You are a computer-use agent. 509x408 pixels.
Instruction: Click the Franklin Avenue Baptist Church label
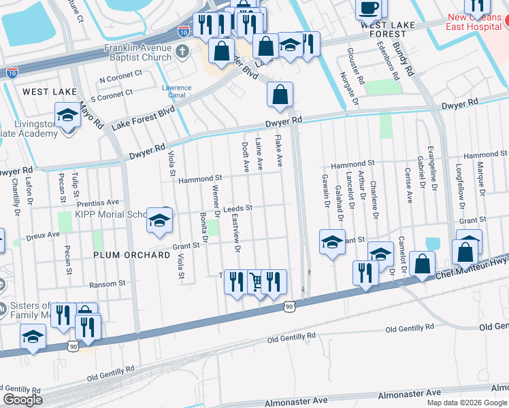coord(138,52)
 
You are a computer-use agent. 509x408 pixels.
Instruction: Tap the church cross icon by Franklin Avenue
coord(181,52)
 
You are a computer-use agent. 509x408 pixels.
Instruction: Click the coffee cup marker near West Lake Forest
coord(370,9)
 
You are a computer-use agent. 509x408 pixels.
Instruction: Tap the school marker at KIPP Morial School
coord(159,222)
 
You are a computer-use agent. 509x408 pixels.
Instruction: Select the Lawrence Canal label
coord(177,91)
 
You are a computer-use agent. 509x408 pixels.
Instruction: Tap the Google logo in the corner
coord(22,400)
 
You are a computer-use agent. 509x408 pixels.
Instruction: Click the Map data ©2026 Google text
coord(466,403)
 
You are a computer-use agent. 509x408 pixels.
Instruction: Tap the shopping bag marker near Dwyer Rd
coord(280,95)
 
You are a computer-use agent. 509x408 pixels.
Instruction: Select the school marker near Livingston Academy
coord(67,116)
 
